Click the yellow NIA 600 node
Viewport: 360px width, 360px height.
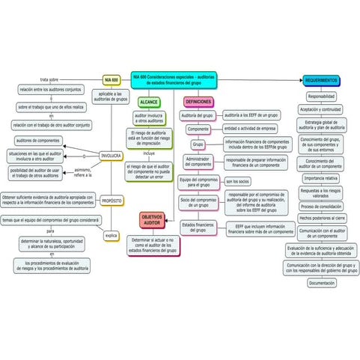tap(112, 79)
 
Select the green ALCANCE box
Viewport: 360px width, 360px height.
tap(148, 101)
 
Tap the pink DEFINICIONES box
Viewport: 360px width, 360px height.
tap(198, 101)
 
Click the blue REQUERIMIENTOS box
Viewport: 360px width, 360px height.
tap(322, 80)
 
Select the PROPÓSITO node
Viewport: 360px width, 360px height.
tap(112, 201)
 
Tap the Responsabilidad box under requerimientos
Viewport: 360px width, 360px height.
tap(322, 97)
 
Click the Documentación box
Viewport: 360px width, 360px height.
tap(322, 284)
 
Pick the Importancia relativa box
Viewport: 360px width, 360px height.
tap(322, 179)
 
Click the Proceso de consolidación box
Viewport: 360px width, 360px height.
tap(322, 206)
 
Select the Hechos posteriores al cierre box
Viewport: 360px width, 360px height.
tap(322, 218)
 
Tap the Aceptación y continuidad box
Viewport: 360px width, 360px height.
tap(322, 109)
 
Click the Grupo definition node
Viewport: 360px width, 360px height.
tap(198, 144)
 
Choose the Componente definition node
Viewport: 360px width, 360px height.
tap(198, 129)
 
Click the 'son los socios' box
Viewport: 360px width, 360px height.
tap(238, 181)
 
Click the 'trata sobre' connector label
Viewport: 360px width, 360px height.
tap(49, 79)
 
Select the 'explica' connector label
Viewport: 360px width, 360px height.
tap(111, 234)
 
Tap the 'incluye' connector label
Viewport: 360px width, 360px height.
tap(148, 153)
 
